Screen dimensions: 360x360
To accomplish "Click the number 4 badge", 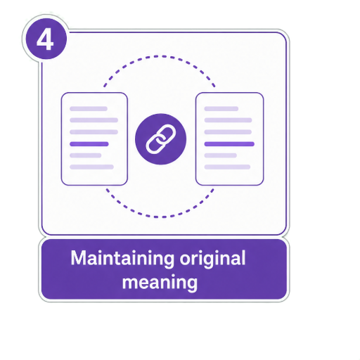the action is pos(46,39).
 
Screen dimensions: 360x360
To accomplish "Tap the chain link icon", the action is pos(161,139).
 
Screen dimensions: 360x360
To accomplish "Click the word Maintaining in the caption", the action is pos(122,259).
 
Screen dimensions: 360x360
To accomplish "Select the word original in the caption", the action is pos(212,259).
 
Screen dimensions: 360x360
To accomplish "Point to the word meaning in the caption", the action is pos(160,283).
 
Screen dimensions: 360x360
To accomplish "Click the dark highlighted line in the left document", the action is pos(89,144).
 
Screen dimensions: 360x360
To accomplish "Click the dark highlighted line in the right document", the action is pos(229,144).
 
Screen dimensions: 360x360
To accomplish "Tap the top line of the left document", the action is pos(89,109).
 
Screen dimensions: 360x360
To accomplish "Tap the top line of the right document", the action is pos(221,109).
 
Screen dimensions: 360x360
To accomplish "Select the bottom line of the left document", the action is pos(91,167).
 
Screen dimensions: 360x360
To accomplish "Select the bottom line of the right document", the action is pos(227,167).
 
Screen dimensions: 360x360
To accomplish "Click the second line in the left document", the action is pos(94,120).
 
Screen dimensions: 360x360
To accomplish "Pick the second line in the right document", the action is pos(228,120).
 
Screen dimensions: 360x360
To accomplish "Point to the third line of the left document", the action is pos(94,132).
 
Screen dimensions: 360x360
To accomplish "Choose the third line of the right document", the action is pos(228,132).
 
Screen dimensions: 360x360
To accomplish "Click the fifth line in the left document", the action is pos(86,155).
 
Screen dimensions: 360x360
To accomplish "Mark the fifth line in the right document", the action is pos(221,155).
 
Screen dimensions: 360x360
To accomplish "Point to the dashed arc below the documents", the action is pos(160,217).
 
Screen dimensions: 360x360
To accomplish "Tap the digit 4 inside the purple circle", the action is pos(45,40).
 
